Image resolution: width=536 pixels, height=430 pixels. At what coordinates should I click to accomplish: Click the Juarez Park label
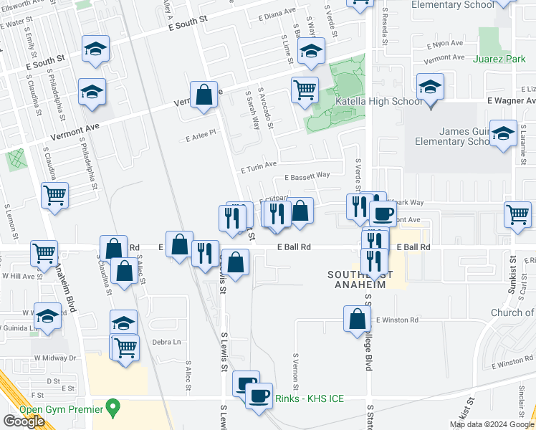coord(500,59)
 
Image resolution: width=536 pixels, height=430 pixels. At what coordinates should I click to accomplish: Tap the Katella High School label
coord(379,102)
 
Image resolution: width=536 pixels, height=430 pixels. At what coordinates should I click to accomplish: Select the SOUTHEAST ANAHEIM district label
coord(356,279)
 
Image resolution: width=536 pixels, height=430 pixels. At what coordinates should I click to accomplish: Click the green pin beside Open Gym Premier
coord(112,408)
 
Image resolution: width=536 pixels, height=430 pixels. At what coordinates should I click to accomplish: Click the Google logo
coord(24,421)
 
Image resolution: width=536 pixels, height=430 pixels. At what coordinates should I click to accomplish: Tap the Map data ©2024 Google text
coord(491,424)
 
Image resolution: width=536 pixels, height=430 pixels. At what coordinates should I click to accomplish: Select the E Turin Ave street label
coord(259,166)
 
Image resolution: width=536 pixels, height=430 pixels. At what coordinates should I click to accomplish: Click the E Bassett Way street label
coord(307,176)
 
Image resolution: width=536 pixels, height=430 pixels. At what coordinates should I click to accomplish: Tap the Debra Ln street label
coord(166,343)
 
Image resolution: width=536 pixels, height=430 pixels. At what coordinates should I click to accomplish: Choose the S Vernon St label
coord(295,365)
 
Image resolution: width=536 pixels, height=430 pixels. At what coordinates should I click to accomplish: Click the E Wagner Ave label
coord(512,102)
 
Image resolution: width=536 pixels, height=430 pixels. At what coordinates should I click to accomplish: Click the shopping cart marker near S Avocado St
coord(305,90)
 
